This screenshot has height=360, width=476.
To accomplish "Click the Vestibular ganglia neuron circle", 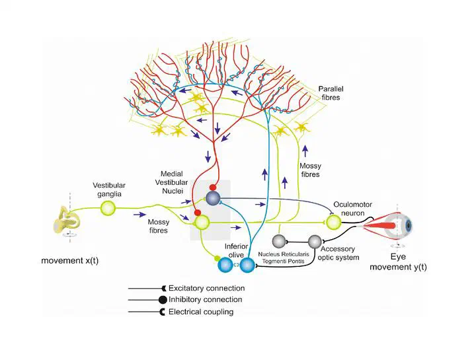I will [108, 209].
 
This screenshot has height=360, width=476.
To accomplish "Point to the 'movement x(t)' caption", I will [70, 260].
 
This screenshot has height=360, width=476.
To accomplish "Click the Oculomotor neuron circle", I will [334, 223].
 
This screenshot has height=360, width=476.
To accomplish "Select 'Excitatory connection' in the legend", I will [206, 288].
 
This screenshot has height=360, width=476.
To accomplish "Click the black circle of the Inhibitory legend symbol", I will [163, 300].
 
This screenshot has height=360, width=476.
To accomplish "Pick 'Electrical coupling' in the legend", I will [201, 312].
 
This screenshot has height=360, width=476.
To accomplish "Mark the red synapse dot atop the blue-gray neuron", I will [213, 188].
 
